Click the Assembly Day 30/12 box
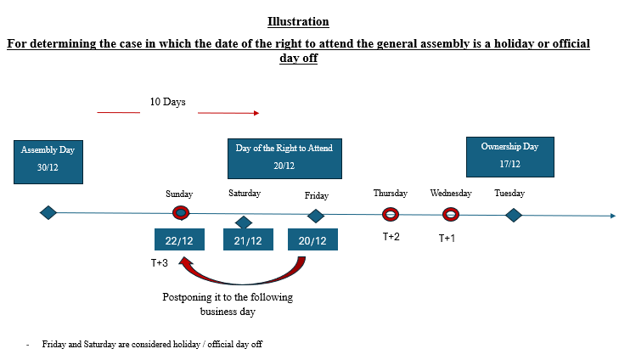pos(48,162)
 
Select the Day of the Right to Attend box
pos(284,158)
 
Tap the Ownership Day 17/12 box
pos(510,157)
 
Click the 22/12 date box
pos(180,239)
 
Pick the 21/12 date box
pos(248,239)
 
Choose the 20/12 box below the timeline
pos(312,239)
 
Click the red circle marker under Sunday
pos(181,213)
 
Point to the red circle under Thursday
pos(391,215)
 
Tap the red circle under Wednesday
pos(451,215)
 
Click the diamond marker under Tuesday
pos(514,216)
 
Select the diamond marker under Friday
pos(316,216)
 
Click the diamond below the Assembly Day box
pos(48,213)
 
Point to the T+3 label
pos(160,263)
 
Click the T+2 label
pos(391,236)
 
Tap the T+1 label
pos(447,238)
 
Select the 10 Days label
pos(168,102)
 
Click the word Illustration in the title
pos(298,22)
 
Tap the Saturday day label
pos(245,193)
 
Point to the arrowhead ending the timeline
pos(613,216)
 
